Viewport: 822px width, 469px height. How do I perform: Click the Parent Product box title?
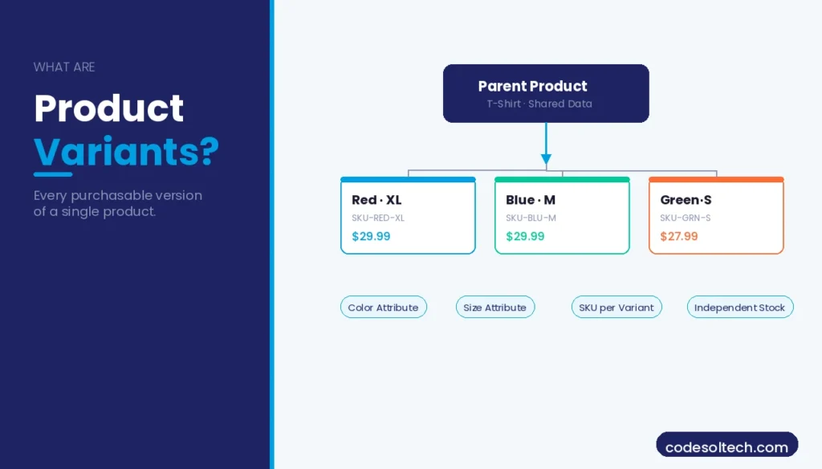pyautogui.click(x=532, y=86)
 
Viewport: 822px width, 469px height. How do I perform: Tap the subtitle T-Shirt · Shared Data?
pyautogui.click(x=539, y=104)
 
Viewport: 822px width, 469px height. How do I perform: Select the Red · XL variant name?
pyautogui.click(x=376, y=200)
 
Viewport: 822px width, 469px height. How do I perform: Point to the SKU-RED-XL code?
pyautogui.click(x=378, y=218)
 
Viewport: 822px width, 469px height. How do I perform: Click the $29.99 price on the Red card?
pyautogui.click(x=371, y=236)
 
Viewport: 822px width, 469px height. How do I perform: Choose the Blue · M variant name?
pyautogui.click(x=531, y=200)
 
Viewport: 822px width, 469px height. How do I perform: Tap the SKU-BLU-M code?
pyautogui.click(x=531, y=218)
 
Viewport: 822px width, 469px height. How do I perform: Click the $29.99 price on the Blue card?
pyautogui.click(x=525, y=236)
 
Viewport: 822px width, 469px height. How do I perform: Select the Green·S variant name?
pyautogui.click(x=686, y=200)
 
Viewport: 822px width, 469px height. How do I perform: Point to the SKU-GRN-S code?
pyautogui.click(x=685, y=218)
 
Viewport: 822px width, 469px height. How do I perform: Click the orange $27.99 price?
pyautogui.click(x=679, y=236)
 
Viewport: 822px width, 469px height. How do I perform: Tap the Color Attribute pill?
pyautogui.click(x=383, y=308)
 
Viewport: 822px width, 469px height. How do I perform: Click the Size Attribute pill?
pyautogui.click(x=494, y=308)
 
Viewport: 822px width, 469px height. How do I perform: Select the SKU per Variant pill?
pyautogui.click(x=616, y=308)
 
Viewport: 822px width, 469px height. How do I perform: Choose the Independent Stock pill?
pyautogui.click(x=739, y=308)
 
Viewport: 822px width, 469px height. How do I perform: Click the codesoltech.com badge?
pyautogui.click(x=726, y=447)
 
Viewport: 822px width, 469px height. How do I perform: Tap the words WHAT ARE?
pyautogui.click(x=64, y=67)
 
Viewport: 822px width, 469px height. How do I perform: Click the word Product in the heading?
pyautogui.click(x=109, y=109)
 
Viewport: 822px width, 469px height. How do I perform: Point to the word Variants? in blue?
pyautogui.click(x=126, y=151)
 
